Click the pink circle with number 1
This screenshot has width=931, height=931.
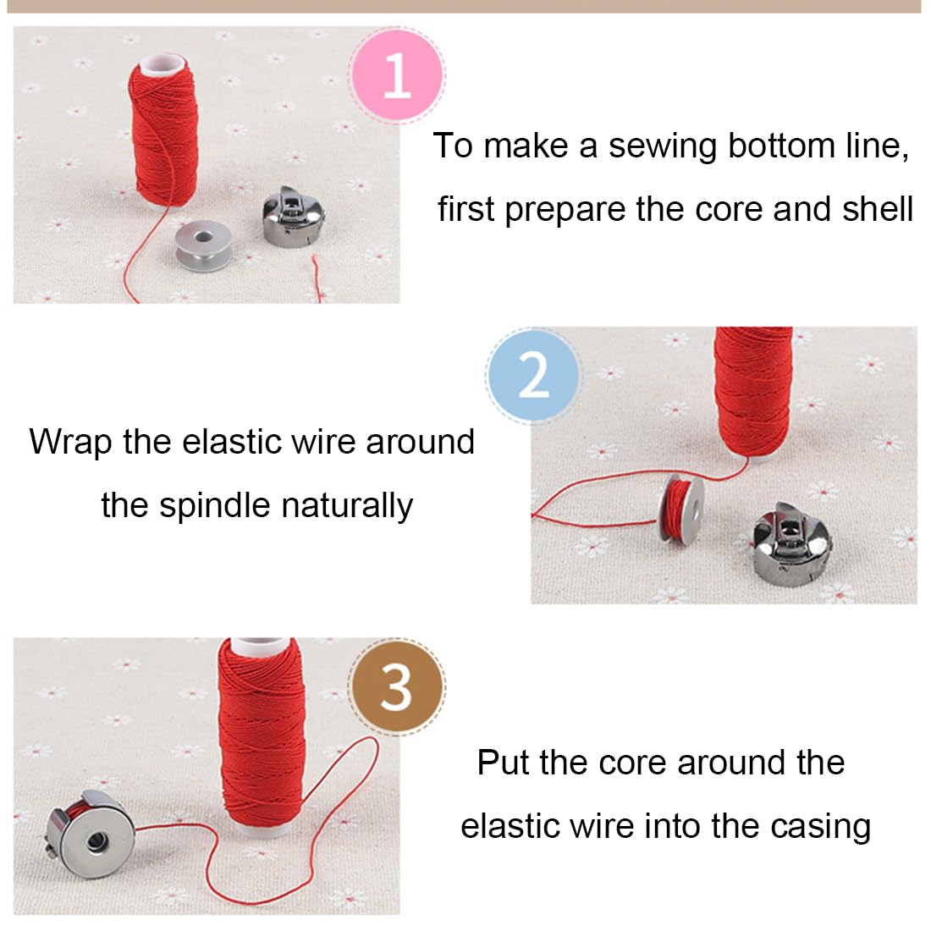click(397, 74)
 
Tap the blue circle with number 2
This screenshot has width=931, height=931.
click(533, 375)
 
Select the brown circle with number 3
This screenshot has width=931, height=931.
click(397, 687)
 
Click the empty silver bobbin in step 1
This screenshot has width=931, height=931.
click(204, 245)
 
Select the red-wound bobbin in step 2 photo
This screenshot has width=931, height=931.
click(681, 510)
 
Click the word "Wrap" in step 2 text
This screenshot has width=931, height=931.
click(70, 443)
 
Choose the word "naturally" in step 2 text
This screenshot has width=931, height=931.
click(347, 506)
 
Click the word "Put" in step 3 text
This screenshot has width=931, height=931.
click(504, 763)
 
